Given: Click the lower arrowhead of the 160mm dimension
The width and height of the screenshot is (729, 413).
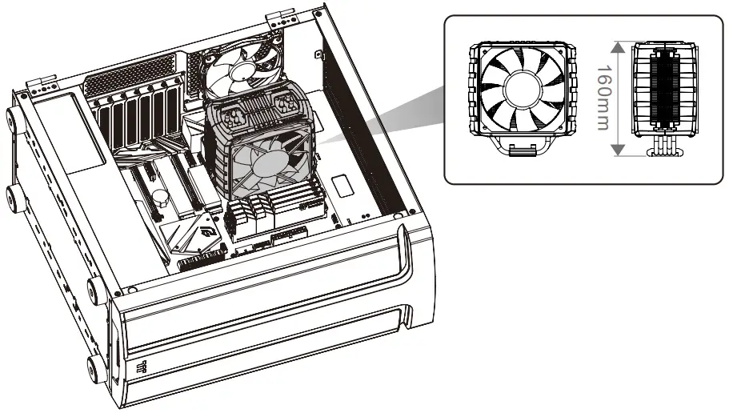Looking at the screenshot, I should pos(617,152).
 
